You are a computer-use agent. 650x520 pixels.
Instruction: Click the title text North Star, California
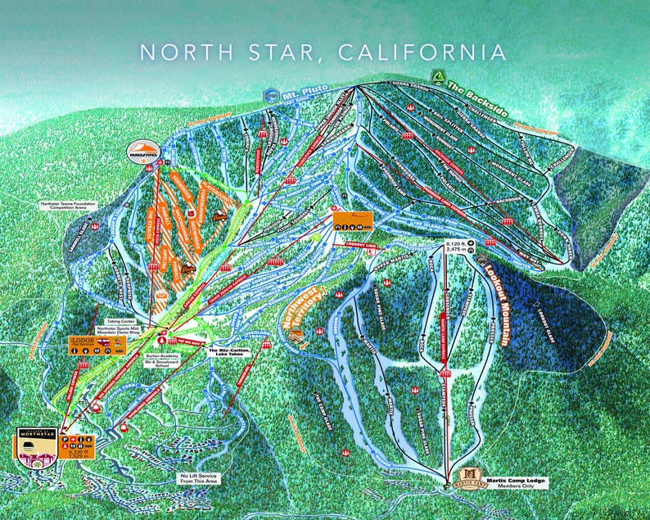pos(323,52)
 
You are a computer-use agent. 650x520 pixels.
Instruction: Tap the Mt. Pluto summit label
pos(300,97)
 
